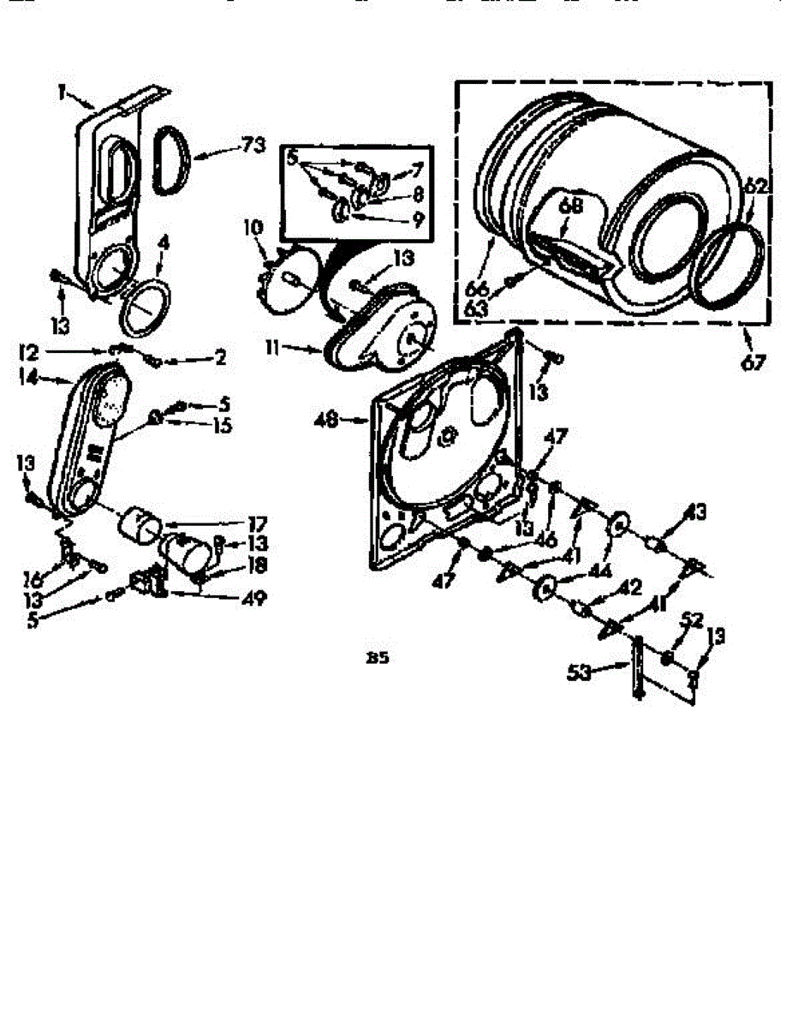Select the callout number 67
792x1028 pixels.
coord(753,362)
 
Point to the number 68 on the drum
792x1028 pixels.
coord(571,206)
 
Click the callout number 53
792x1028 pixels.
coord(581,672)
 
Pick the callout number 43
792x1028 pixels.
coord(695,512)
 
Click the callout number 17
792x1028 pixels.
coord(256,523)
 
